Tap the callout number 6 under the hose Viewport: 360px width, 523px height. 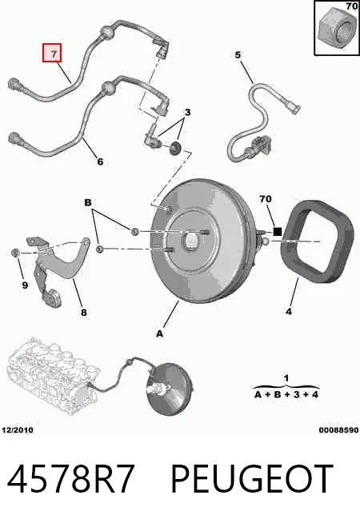[x=100, y=162]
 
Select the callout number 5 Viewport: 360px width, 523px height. [x=238, y=54]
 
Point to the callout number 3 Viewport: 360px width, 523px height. [x=187, y=112]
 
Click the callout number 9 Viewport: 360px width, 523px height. [x=25, y=285]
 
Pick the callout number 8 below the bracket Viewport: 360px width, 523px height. [x=83, y=312]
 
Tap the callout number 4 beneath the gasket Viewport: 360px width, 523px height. [x=289, y=312]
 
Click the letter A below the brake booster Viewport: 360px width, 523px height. [x=160, y=333]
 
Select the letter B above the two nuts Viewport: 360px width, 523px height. [x=88, y=202]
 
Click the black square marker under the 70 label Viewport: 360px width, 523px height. [x=278, y=231]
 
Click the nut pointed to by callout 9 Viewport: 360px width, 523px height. [x=14, y=254]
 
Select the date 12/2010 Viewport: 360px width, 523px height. [x=18, y=430]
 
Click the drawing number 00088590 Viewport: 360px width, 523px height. [x=338, y=430]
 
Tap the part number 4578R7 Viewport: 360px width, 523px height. [x=70, y=479]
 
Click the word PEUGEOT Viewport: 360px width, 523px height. [x=252, y=479]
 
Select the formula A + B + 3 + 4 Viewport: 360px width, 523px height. [x=286, y=394]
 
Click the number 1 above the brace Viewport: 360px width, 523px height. [x=286, y=378]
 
